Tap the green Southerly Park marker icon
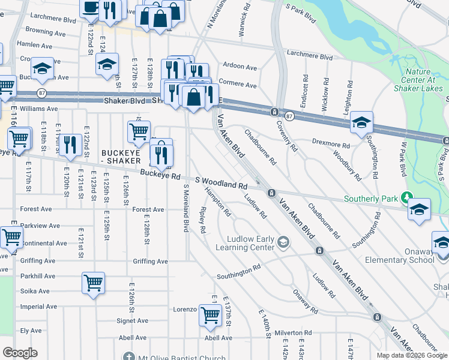coord(407,197)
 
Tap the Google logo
coord(20,353)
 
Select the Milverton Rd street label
coord(294,333)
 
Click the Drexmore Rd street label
coord(331,145)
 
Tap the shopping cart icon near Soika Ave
coord(94,283)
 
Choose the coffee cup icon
coord(91,7)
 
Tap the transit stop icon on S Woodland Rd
coord(271,193)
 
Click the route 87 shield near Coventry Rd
coord(289,115)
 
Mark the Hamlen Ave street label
coord(32,44)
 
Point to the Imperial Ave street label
coord(38,307)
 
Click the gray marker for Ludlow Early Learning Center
coord(283,242)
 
